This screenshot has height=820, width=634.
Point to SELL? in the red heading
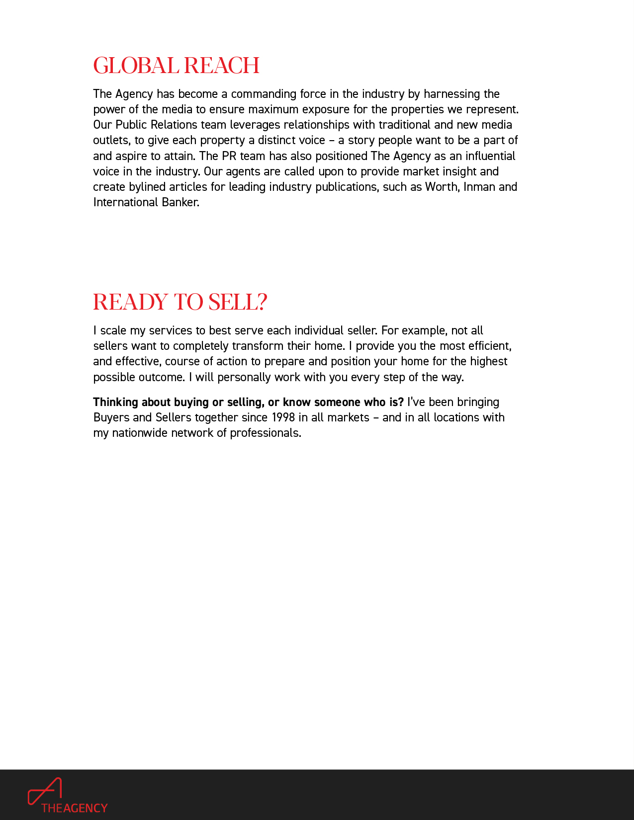coord(238,302)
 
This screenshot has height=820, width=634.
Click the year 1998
coord(283,417)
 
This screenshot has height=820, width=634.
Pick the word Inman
coord(479,187)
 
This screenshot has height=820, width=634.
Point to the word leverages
coord(255,125)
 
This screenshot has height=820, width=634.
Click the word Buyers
coord(111,417)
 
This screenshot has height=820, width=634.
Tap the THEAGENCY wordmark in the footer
coord(75,808)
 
